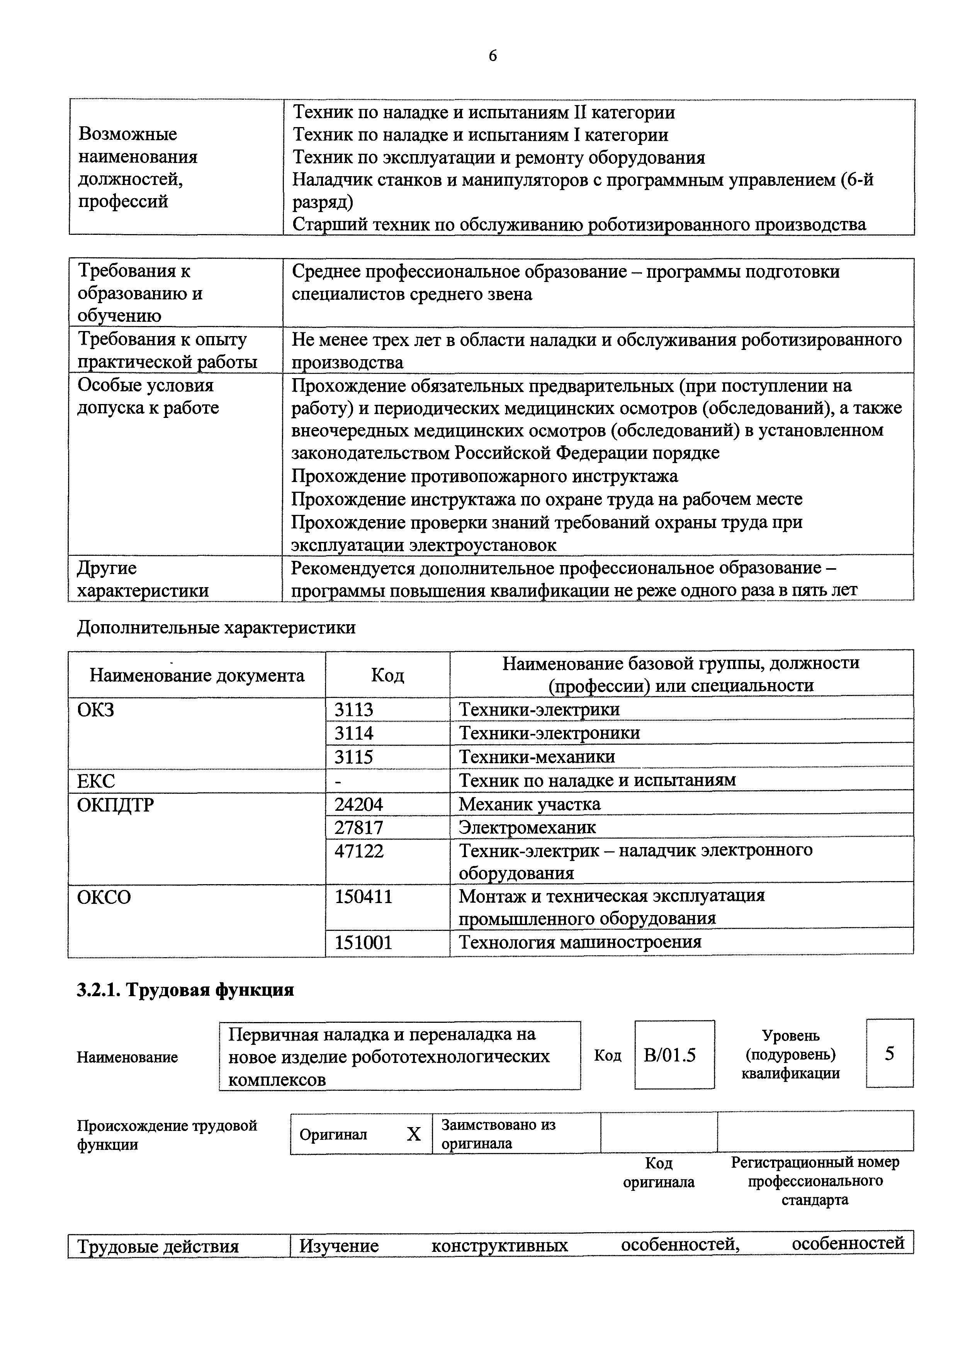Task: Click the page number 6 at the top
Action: (492, 56)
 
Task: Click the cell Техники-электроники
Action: (549, 733)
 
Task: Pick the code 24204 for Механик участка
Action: (358, 804)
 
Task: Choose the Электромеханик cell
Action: (527, 827)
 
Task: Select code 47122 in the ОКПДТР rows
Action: (358, 851)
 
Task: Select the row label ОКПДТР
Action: (116, 804)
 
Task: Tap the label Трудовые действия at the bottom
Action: (158, 1247)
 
